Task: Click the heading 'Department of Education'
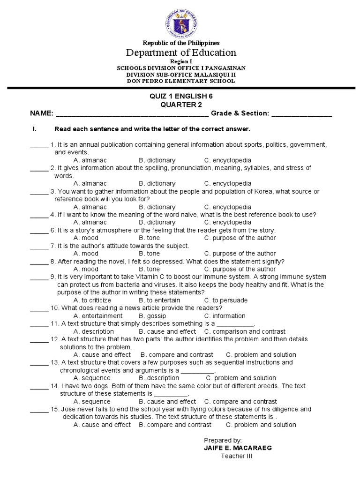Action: [180, 52]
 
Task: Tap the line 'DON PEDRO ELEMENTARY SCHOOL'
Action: [181, 81]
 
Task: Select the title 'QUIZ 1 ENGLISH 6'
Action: [180, 96]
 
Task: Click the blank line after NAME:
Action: [132, 114]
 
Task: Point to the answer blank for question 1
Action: [39, 145]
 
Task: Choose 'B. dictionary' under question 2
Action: [157, 183]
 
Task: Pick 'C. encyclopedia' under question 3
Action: [228, 207]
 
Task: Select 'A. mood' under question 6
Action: [86, 238]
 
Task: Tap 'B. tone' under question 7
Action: [149, 254]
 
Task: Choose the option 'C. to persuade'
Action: [226, 300]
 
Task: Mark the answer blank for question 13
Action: [39, 363]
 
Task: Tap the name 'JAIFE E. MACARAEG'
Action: [238, 448]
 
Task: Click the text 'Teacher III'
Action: [236, 456]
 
